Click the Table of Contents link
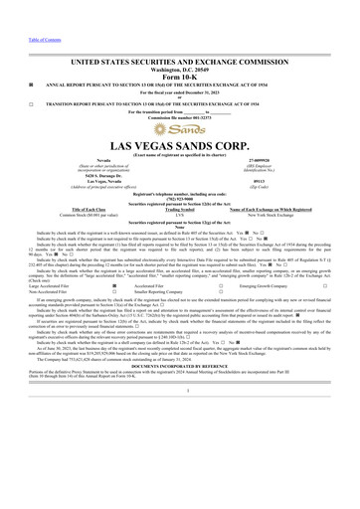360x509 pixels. click(x=22, y=5)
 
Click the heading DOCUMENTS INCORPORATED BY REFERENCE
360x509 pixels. click(x=179, y=479)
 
